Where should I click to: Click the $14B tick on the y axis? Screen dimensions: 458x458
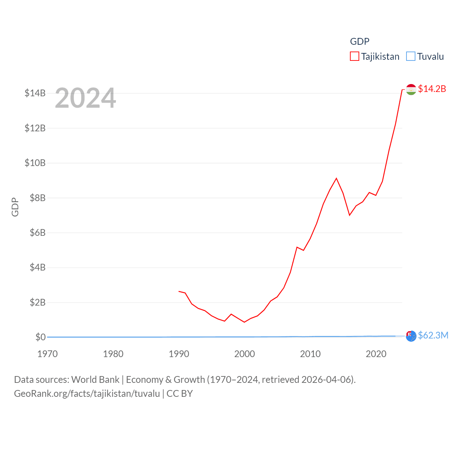coord(35,93)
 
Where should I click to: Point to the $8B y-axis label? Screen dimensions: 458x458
coord(38,198)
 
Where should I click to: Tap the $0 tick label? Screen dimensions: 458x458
coord(40,337)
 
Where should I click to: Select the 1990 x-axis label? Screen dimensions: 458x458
coord(179,354)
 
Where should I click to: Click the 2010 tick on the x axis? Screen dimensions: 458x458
coord(310,354)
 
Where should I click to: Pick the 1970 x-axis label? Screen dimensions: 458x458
coord(48,354)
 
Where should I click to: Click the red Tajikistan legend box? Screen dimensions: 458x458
coord(354,57)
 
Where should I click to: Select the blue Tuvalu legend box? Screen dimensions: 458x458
coord(411,57)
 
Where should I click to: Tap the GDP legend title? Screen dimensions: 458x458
coord(360,42)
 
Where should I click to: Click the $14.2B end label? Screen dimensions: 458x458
coord(432,89)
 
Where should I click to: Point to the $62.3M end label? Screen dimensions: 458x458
coord(433,335)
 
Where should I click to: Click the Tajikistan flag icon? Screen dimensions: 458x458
coord(411,89)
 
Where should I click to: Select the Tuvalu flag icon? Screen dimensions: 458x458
coord(411,336)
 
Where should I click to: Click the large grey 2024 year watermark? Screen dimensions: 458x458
coord(86,98)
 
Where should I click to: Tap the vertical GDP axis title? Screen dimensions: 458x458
coord(15,207)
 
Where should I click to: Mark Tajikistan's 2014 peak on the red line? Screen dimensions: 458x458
coord(336,178)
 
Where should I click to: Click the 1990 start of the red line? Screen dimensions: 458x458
coord(179,291)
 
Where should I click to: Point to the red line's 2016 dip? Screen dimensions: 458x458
coord(350,215)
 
